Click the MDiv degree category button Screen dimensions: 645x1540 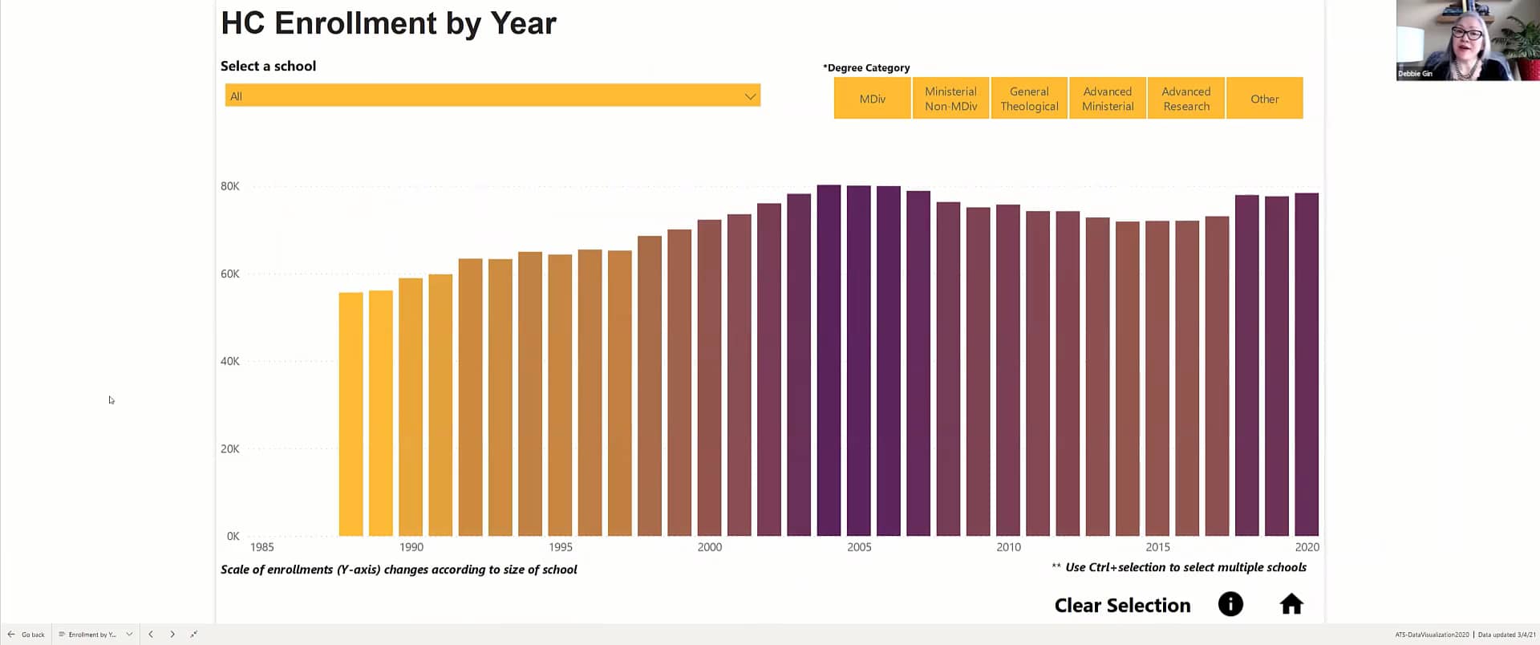coord(872,99)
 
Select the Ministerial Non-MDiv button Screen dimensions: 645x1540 coord(950,99)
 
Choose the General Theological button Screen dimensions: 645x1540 coord(1029,99)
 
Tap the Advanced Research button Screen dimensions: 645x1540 coord(1185,99)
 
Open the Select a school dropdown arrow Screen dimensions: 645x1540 coord(750,96)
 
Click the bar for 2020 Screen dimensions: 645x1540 coord(1306,365)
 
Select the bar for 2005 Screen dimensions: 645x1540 coord(858,361)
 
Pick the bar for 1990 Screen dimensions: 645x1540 coord(411,408)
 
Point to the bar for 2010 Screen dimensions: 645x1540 coord(1007,371)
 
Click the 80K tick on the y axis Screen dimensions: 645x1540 coord(230,186)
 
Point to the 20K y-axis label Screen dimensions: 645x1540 coord(230,449)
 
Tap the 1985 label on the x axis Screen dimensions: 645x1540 coord(261,547)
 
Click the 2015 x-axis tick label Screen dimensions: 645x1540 coord(1157,547)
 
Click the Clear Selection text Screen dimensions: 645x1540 coord(1122,606)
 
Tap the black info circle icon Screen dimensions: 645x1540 coord(1230,604)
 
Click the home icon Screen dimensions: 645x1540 coord(1291,604)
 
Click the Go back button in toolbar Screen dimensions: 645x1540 coord(26,635)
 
